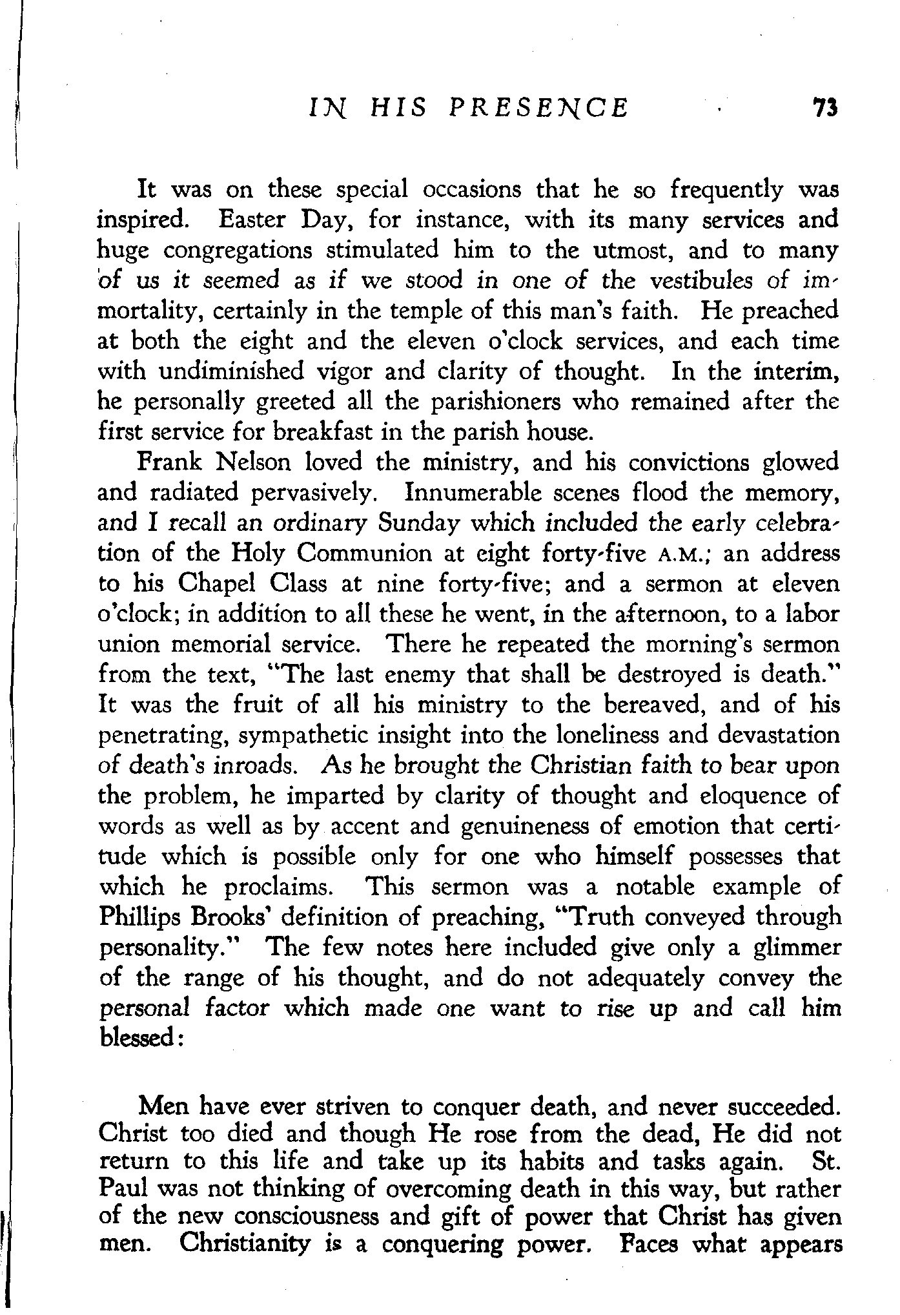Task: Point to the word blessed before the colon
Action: pyautogui.click(x=138, y=1039)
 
